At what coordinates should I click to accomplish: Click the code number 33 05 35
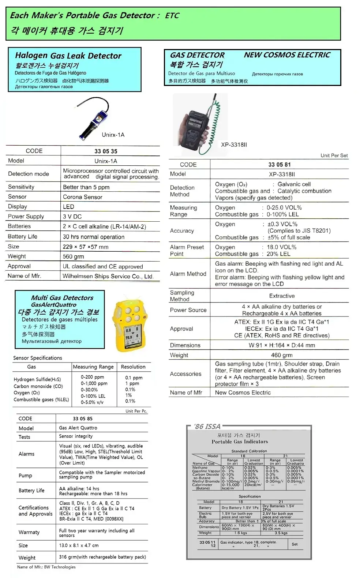pyautogui.click(x=106, y=151)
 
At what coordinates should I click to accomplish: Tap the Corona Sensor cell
pyautogui.click(x=83, y=197)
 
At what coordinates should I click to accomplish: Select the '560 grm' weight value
pyautogui.click(x=73, y=257)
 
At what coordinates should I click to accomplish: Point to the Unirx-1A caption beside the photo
pyautogui.click(x=113, y=135)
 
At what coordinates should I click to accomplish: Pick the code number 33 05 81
pyautogui.click(x=280, y=165)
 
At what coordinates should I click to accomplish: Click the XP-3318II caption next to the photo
pyautogui.click(x=234, y=145)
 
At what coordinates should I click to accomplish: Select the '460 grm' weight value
pyautogui.click(x=281, y=355)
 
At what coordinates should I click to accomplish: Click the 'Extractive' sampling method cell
pyautogui.click(x=282, y=296)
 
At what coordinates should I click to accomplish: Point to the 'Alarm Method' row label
pyautogui.click(x=188, y=274)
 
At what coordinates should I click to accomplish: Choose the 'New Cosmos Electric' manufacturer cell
pyautogui.click(x=243, y=393)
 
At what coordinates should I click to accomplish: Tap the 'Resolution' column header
pyautogui.click(x=133, y=367)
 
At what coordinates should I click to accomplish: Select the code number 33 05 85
pyautogui.click(x=83, y=419)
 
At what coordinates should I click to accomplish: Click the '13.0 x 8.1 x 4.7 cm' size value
pyautogui.click(x=79, y=545)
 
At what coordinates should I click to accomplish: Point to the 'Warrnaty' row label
pyautogui.click(x=29, y=532)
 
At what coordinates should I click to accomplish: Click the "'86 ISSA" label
pyautogui.click(x=207, y=427)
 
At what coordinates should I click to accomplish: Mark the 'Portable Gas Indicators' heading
pyautogui.click(x=240, y=442)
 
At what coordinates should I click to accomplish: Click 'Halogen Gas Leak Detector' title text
pyautogui.click(x=68, y=56)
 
